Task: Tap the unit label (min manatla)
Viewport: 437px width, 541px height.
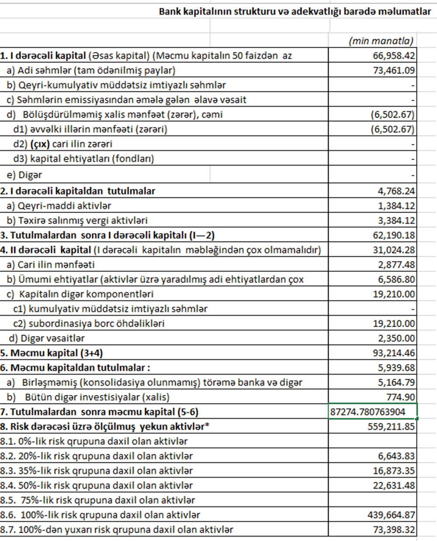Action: pyautogui.click(x=381, y=41)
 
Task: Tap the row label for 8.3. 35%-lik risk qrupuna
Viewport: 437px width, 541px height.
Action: pyautogui.click(x=96, y=471)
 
